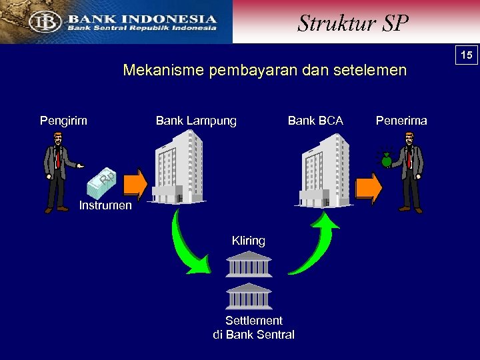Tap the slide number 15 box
coord(467,55)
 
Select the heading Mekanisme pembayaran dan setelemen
coord(265,71)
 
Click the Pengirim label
coord(63,121)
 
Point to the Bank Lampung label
coord(196,121)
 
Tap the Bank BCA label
coord(315,121)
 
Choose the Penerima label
coord(401,121)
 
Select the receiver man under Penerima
coord(407,171)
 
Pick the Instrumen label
coord(105,205)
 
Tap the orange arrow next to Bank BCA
coord(368,187)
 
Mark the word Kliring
coord(248,241)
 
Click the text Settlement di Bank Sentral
coord(253,327)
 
